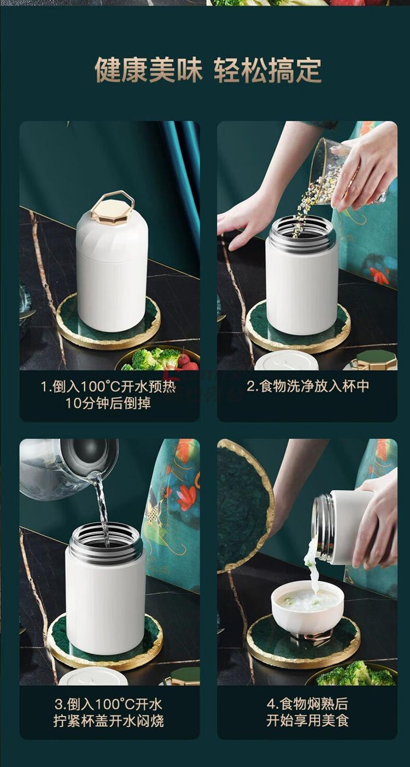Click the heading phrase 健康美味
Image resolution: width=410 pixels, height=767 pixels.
149,70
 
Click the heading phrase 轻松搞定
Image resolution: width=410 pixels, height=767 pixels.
268,70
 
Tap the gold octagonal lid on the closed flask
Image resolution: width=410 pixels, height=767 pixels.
112,207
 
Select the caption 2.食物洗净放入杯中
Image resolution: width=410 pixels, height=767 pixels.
308,387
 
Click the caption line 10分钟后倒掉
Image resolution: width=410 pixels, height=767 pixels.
108,403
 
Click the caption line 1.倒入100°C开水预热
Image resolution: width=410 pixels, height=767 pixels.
108,387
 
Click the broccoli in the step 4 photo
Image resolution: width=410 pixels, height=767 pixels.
356,674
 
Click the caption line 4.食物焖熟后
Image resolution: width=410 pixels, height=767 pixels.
307,704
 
